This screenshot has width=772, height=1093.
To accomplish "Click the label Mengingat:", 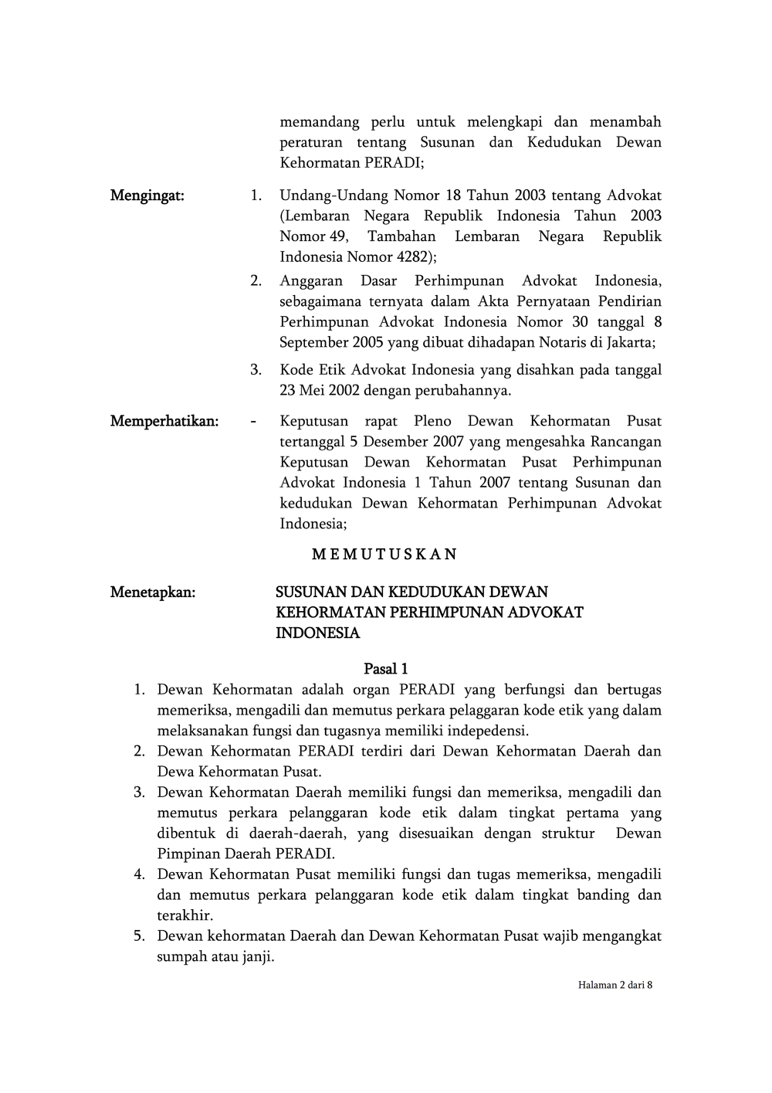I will (x=147, y=195).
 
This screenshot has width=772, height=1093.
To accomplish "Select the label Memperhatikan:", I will (x=164, y=421).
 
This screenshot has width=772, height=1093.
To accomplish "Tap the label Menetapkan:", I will (x=153, y=592).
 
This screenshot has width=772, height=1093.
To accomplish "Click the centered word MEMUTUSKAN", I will (x=384, y=554).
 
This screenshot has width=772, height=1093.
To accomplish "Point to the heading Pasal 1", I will (x=386, y=669).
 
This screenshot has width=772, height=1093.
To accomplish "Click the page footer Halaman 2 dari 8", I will (x=615, y=985).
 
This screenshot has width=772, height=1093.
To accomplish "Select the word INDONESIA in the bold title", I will (x=318, y=633).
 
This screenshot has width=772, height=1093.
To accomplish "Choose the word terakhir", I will (x=185, y=916).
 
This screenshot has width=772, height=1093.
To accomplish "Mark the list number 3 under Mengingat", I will (x=256, y=370).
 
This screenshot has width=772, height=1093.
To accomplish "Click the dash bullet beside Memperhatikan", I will (x=254, y=422).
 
